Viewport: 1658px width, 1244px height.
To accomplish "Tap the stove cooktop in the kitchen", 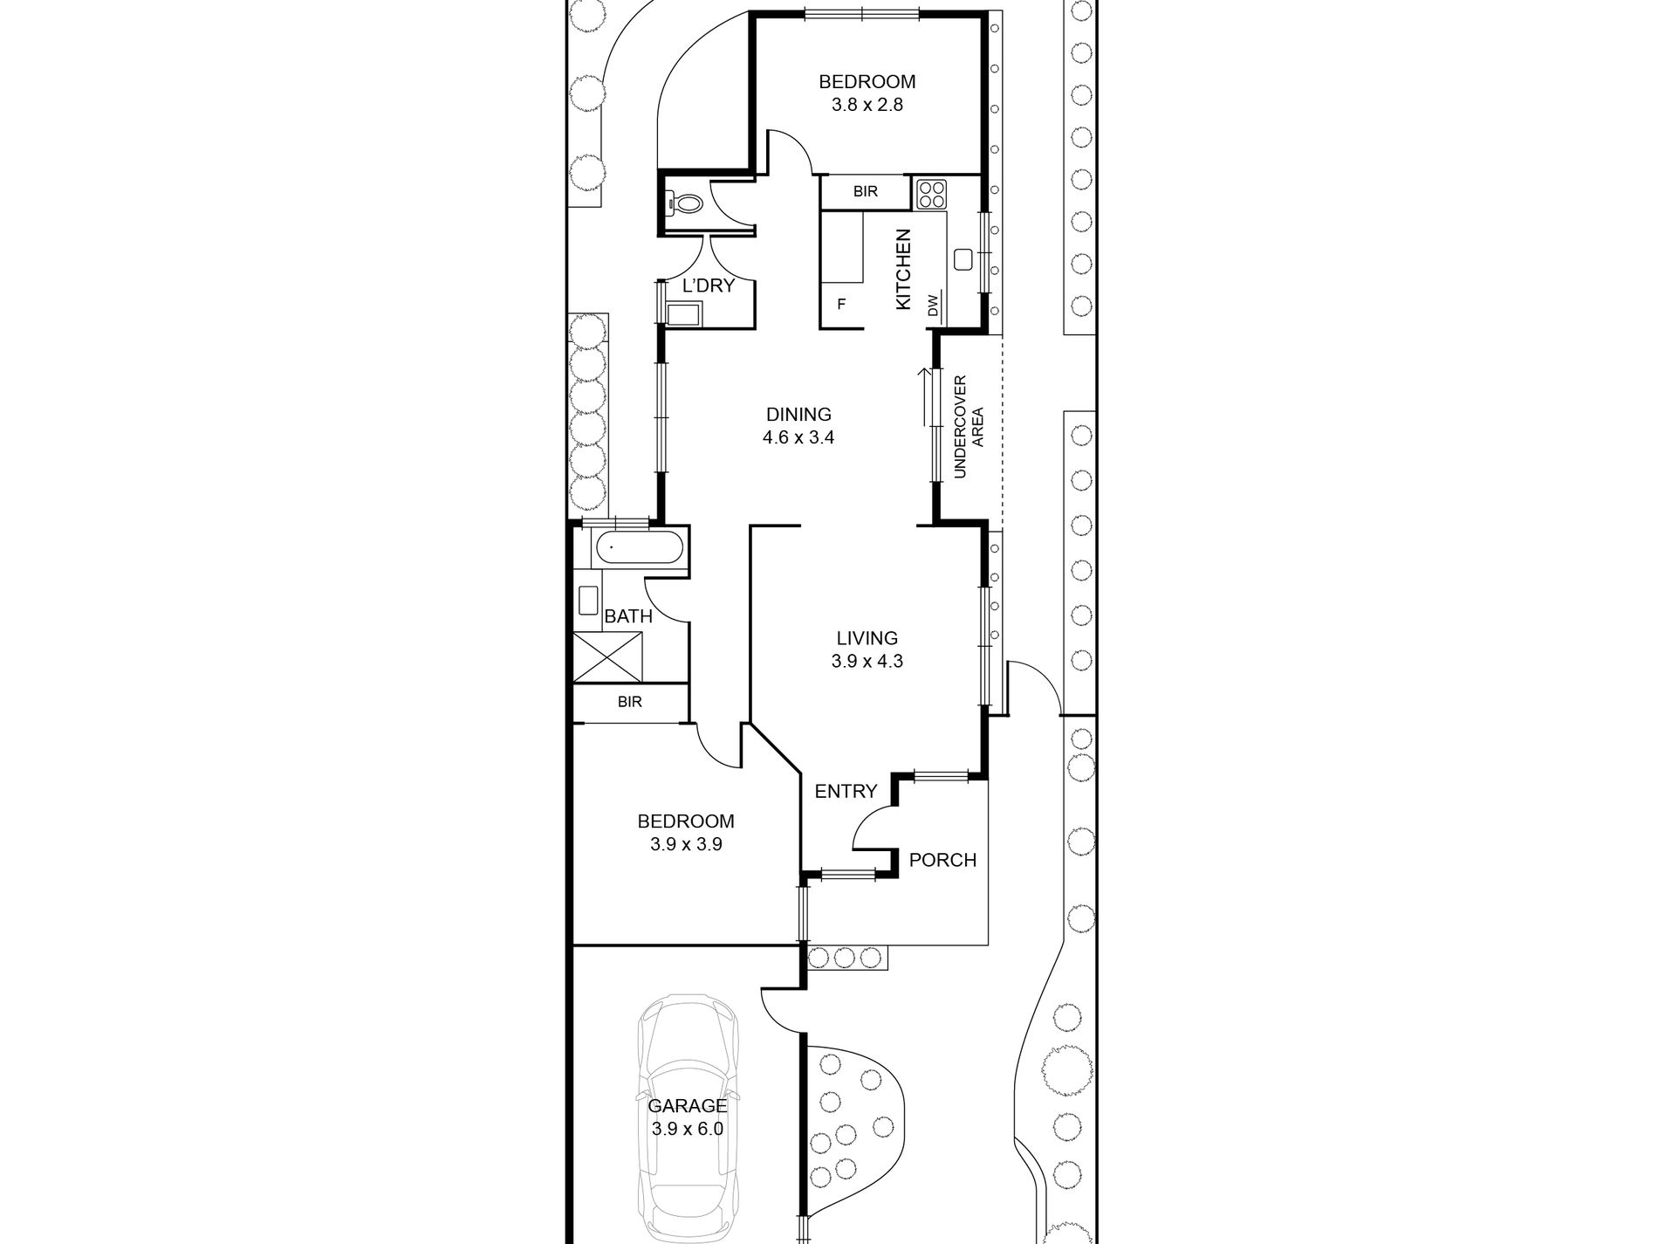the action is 931,194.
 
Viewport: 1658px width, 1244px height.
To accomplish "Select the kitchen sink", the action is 963,260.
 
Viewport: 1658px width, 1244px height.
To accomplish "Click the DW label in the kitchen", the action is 933,306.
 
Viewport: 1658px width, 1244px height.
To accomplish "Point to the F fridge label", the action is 842,305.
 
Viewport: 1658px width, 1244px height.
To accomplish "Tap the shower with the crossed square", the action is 609,655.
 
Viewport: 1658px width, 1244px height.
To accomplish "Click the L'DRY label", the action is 709,285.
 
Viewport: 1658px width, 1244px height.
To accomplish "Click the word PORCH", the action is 942,860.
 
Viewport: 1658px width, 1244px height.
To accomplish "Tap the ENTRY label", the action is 846,791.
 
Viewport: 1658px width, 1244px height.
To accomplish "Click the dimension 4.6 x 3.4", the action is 798,437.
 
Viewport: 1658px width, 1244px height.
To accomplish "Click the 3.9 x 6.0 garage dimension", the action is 688,1129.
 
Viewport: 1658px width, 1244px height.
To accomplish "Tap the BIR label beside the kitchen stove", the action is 866,191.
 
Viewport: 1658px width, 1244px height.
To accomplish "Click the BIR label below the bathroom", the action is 629,701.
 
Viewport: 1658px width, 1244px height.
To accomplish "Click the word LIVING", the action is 867,639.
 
